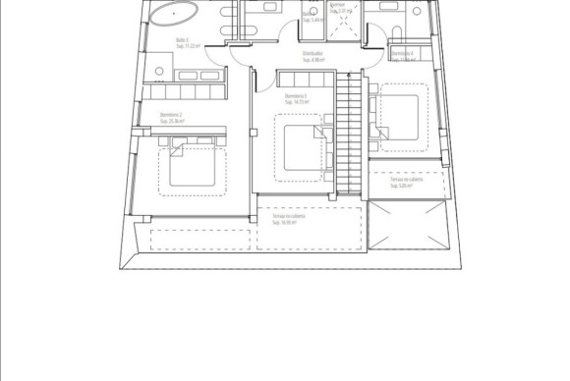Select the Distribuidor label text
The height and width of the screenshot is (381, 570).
[x=313, y=55]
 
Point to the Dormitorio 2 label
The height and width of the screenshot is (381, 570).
[x=172, y=115]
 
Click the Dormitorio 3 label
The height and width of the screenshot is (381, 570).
[x=296, y=96]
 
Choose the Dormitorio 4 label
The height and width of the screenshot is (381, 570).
[x=402, y=52]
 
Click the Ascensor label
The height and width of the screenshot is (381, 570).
[x=339, y=4]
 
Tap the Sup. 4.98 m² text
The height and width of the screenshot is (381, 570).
[x=313, y=61]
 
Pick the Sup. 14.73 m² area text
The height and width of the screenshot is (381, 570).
[x=296, y=102]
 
